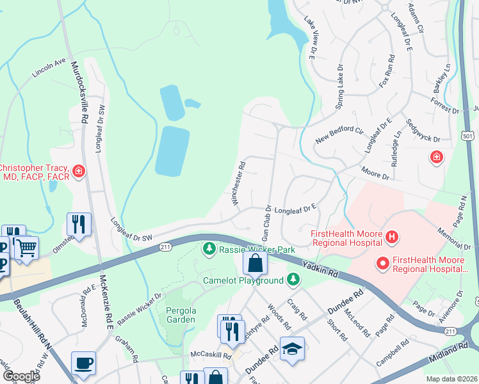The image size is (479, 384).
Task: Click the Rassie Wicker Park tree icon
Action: point(209,248)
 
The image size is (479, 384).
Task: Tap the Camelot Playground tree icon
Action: point(293,279)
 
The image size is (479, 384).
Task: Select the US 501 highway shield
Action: point(468,136)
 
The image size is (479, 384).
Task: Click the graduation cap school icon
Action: point(292,348)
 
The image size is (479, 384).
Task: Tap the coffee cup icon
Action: point(83,362)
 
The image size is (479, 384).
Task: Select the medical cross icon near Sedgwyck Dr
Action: point(437,157)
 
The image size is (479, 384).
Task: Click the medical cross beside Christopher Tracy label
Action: point(78,171)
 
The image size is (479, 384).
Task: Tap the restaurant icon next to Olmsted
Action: point(79,223)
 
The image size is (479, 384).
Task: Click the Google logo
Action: point(21,377)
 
